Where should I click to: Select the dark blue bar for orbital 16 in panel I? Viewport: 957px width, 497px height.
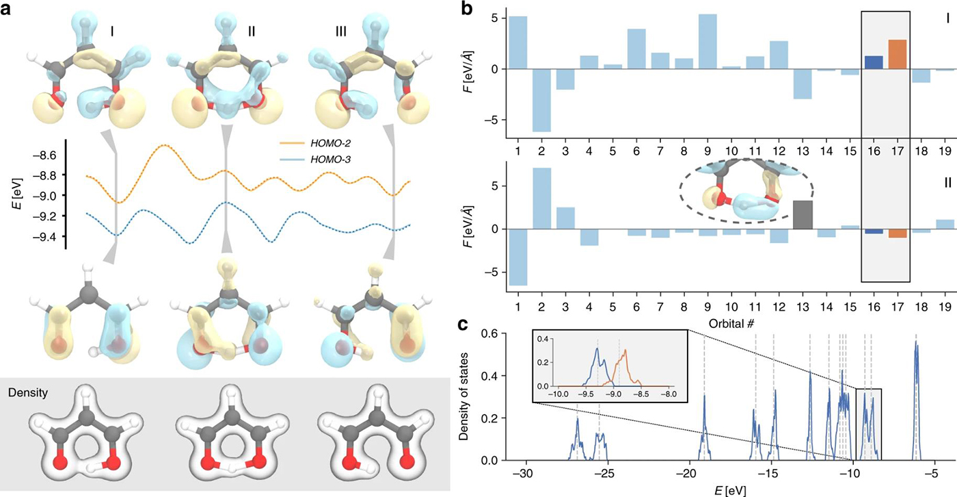[874, 62]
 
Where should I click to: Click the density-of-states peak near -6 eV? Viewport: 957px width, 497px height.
[917, 343]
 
